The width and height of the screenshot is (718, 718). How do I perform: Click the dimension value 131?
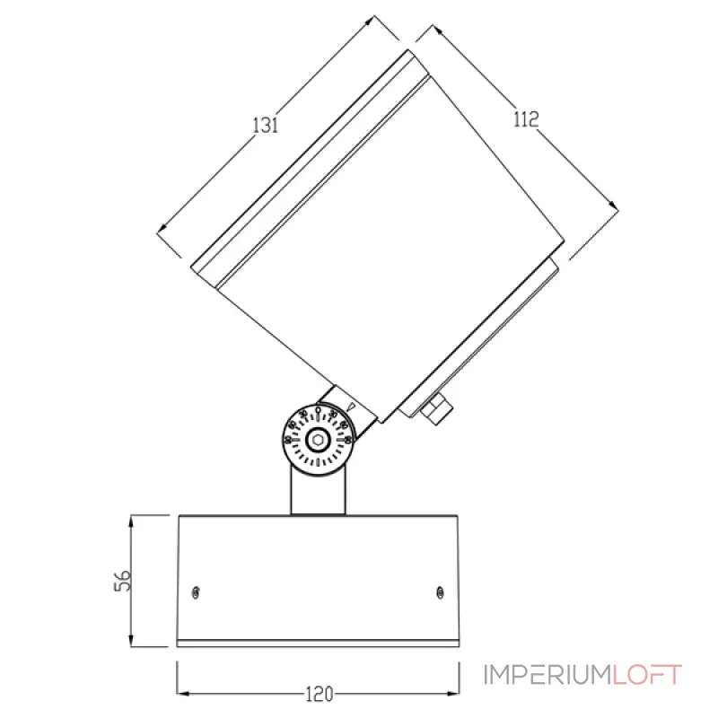[265, 125]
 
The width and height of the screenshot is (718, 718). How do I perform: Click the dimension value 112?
[525, 119]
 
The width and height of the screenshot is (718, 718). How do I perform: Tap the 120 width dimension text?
[319, 693]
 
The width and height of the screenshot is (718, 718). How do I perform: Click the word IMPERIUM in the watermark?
[547, 675]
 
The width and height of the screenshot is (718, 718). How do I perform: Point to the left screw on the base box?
[197, 591]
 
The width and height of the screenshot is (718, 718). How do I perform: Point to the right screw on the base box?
[440, 591]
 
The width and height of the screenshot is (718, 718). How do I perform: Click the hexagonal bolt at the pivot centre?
[317, 440]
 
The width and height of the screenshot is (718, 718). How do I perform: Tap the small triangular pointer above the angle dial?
[351, 407]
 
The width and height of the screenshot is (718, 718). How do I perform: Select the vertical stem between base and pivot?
[317, 492]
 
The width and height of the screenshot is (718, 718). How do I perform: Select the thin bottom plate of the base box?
[318, 643]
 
